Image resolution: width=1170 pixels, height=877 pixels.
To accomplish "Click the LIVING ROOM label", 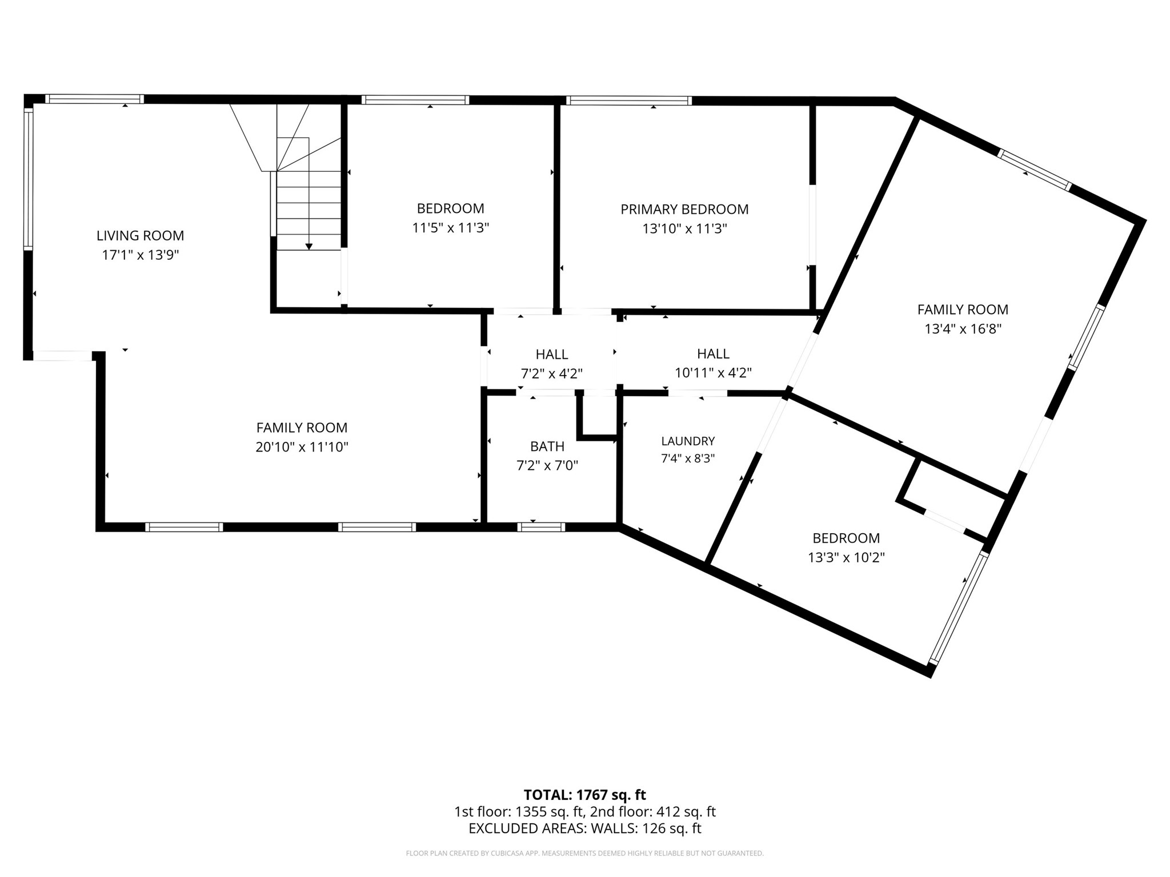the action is click(140, 235).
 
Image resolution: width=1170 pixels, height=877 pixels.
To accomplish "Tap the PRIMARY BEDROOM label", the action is click(684, 209).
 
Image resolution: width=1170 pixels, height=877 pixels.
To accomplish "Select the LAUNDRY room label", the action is click(688, 441).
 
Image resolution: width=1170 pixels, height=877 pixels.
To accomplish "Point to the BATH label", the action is click(547, 446).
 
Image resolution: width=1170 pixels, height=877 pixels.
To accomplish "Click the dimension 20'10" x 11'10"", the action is click(302, 446).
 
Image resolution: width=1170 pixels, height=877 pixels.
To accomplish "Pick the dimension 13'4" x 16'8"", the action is click(963, 329).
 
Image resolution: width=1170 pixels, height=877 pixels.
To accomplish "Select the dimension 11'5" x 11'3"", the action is click(451, 228).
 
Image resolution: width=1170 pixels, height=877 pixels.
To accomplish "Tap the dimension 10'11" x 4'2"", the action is click(713, 373).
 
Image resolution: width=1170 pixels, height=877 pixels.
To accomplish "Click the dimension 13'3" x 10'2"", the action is click(846, 557).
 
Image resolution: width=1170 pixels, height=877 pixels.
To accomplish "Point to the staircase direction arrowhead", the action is click(309, 247).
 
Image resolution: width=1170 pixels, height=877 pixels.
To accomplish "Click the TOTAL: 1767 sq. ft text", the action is click(584, 795).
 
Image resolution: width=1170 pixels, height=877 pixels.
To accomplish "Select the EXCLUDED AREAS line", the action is click(584, 828).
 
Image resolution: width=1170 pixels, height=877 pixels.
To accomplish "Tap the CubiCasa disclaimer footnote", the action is click(584, 854).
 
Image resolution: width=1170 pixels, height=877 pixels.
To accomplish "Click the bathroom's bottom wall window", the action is click(541, 527).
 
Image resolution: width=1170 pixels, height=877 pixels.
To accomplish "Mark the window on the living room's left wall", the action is click(28, 179).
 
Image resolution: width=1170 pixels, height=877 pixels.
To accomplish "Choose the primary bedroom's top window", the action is click(629, 100).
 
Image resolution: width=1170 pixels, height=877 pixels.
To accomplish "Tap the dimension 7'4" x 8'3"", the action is click(688, 458).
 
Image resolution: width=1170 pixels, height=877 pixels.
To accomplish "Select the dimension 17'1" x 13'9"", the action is click(140, 255).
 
